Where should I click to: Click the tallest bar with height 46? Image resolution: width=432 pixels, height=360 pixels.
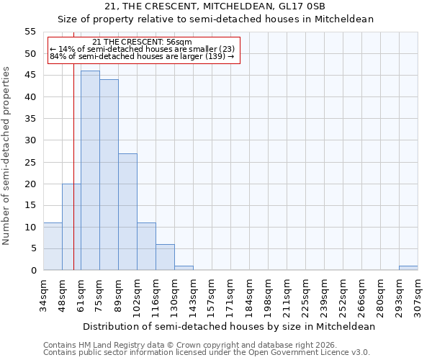[x=90, y=171]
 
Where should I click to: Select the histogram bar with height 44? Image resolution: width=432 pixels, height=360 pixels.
[x=109, y=175]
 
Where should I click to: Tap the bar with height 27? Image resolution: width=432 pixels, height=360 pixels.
[x=127, y=212]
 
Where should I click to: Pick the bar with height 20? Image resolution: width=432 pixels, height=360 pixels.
[x=71, y=227]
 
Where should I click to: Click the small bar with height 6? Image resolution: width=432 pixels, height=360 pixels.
[x=165, y=257]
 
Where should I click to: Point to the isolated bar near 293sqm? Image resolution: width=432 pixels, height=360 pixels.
[x=408, y=268]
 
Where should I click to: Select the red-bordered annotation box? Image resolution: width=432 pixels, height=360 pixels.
[x=143, y=50]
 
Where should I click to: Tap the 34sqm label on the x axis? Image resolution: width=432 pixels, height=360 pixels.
[x=44, y=292]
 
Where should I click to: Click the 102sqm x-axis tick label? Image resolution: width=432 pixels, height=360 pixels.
[x=138, y=293]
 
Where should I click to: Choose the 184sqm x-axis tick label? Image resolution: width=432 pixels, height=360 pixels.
[x=250, y=293]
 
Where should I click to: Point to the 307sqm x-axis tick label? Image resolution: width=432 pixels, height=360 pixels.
[x=418, y=293]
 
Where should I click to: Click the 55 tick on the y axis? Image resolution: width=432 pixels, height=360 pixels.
[x=30, y=32]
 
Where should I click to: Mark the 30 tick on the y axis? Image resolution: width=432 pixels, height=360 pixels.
[x=30, y=140]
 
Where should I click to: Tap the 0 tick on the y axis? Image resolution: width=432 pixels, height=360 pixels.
[x=33, y=271]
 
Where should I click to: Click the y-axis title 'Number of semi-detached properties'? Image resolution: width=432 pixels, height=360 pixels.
[x=7, y=156]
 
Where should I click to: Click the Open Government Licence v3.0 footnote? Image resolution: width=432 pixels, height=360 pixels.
[x=207, y=353]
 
